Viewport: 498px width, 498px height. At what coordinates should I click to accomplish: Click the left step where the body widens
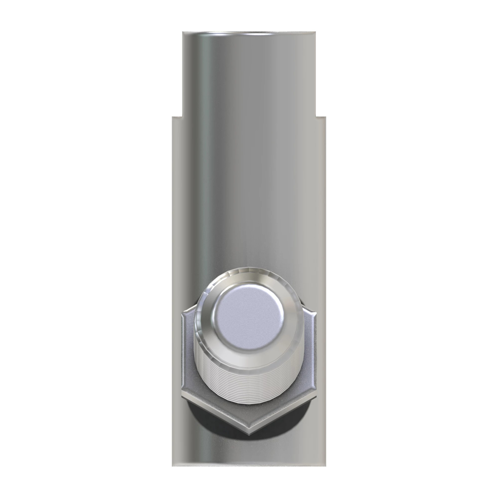pyautogui.click(x=177, y=117)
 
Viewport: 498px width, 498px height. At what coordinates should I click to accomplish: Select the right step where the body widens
pyautogui.click(x=321, y=117)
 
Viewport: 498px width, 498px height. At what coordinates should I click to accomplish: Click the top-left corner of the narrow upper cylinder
pyautogui.click(x=183, y=32)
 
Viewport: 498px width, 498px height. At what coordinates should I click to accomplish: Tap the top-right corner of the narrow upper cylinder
pyautogui.click(x=315, y=32)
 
